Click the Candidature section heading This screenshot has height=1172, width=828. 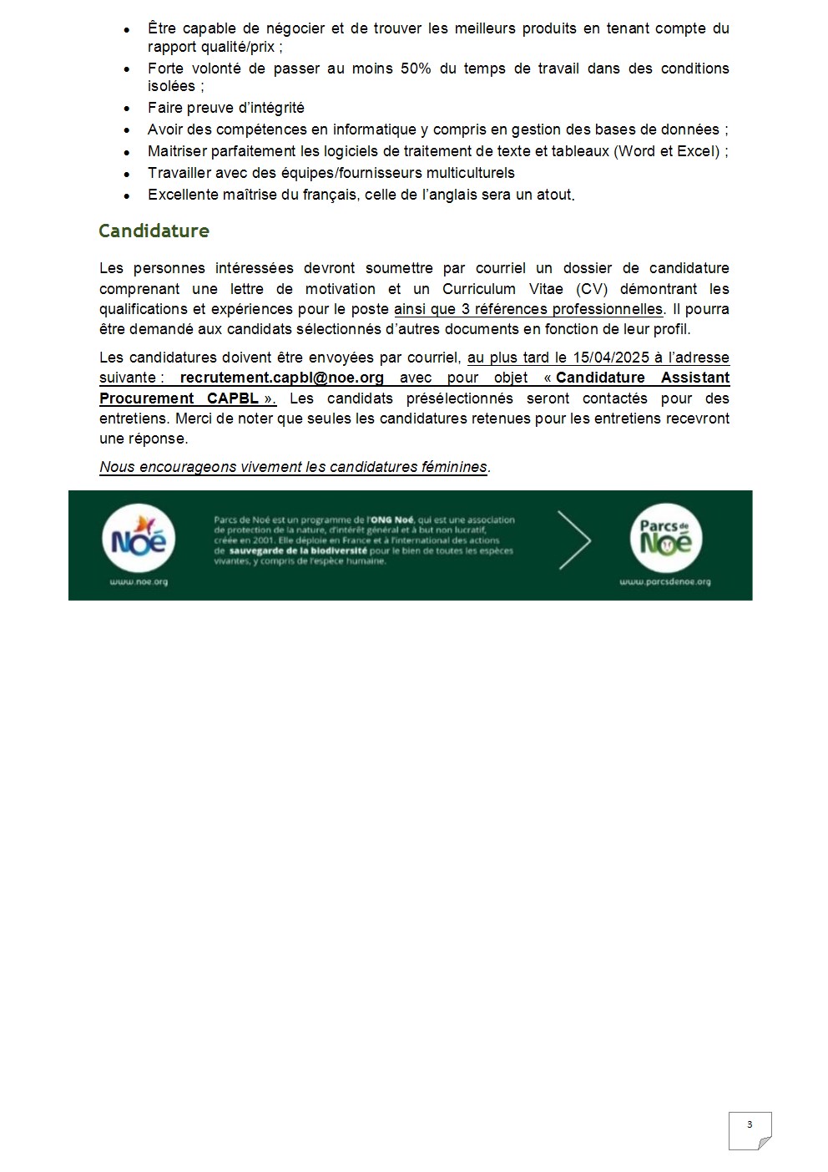pyautogui.click(x=154, y=231)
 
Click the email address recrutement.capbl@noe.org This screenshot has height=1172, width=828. pyautogui.click(x=281, y=378)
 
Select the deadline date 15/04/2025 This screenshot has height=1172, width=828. pyautogui.click(x=611, y=358)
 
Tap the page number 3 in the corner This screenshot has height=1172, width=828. pyautogui.click(x=749, y=1124)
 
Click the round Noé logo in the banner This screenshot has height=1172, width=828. pyautogui.click(x=139, y=540)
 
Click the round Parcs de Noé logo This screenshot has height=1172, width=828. pyautogui.click(x=665, y=538)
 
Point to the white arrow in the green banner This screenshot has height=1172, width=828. pyautogui.click(x=574, y=540)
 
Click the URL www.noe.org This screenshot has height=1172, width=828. pyautogui.click(x=139, y=581)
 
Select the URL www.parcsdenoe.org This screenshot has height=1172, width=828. pyautogui.click(x=665, y=581)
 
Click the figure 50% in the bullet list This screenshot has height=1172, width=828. pyautogui.click(x=416, y=68)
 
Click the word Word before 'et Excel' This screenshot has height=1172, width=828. pyautogui.click(x=637, y=151)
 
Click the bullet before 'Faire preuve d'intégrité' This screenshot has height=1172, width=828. pyautogui.click(x=127, y=109)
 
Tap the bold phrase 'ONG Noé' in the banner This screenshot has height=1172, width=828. pyautogui.click(x=392, y=520)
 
